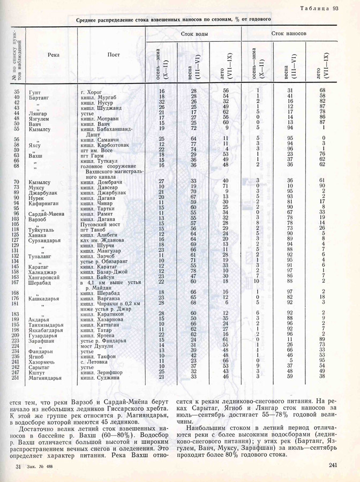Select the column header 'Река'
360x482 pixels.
click(53, 55)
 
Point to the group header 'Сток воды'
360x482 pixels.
click(194, 33)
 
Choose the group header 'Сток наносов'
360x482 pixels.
click(289, 33)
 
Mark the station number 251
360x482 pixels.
click(16, 377)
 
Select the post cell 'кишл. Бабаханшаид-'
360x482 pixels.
click(106, 129)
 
